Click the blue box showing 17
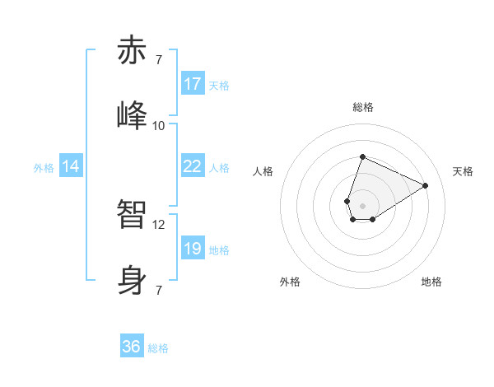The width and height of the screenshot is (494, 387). [x=193, y=84]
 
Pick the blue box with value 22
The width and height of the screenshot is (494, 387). [x=193, y=166]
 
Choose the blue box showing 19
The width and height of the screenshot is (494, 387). [x=193, y=249]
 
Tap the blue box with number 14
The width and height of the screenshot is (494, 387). [x=71, y=166]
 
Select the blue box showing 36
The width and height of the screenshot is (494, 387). [x=132, y=347]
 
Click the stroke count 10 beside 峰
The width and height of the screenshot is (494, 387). [x=159, y=125]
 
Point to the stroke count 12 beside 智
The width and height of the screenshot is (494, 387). [x=159, y=224]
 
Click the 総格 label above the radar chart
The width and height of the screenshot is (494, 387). [x=362, y=107]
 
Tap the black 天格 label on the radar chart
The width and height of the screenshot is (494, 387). [x=463, y=171]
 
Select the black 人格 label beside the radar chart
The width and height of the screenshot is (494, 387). [x=263, y=171]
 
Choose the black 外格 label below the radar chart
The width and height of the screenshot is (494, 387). [x=290, y=282]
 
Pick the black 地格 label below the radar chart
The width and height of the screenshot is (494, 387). [x=431, y=282]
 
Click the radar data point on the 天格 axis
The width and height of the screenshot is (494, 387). [x=426, y=185]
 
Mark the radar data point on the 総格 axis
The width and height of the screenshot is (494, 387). [x=362, y=156]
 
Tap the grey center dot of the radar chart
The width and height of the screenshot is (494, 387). [x=362, y=204]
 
